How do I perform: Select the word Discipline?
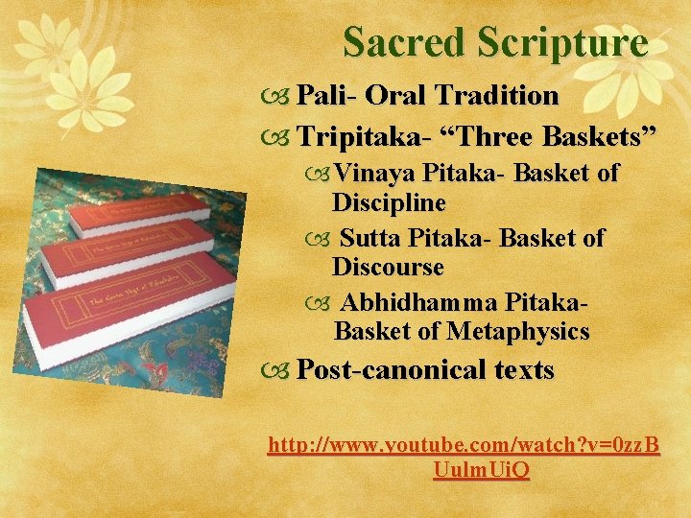389,204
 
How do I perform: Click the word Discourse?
388,267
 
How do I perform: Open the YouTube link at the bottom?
465,446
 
